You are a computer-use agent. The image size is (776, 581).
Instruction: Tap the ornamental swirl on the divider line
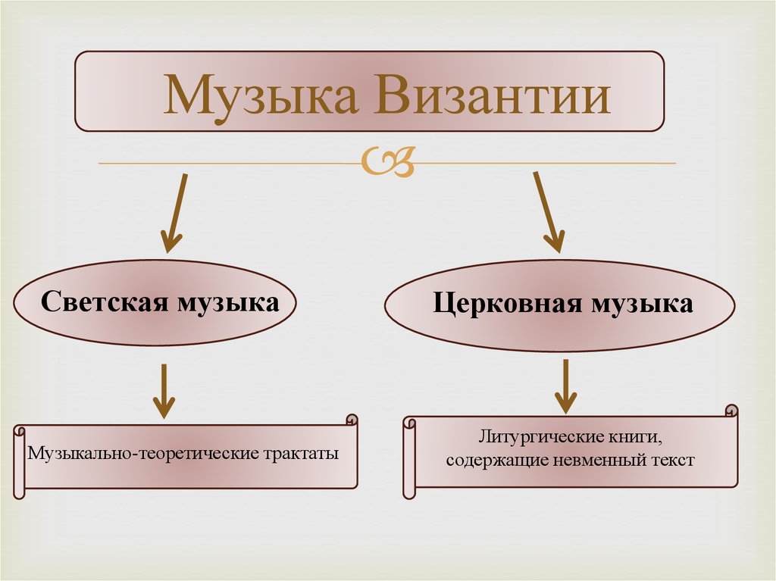[387, 163]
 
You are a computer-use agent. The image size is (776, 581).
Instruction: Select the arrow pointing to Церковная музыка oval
[549, 212]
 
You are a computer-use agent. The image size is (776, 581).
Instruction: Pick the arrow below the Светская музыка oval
[163, 390]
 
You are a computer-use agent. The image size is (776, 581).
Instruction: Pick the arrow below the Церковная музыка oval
[565, 386]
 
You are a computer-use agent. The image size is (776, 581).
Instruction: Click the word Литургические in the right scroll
[540, 438]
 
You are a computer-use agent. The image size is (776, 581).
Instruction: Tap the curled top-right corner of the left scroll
[351, 420]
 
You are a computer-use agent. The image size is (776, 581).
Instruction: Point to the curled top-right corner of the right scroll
[731, 411]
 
